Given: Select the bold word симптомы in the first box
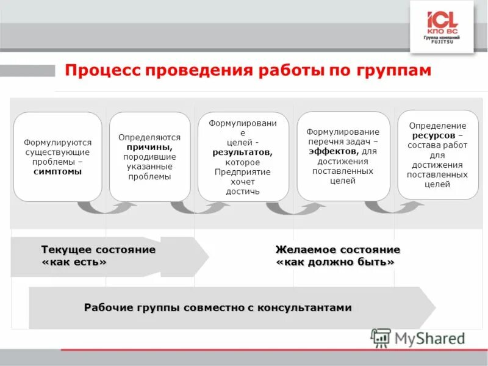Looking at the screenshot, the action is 58,171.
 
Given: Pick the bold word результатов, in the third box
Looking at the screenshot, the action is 242,152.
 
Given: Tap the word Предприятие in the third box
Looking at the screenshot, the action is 242,172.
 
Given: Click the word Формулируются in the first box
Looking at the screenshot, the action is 58,142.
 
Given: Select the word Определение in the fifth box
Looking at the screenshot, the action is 437,126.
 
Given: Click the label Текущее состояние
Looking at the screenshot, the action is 98,250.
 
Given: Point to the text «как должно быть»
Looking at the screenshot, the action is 335,262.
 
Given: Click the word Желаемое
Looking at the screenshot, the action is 306,250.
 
